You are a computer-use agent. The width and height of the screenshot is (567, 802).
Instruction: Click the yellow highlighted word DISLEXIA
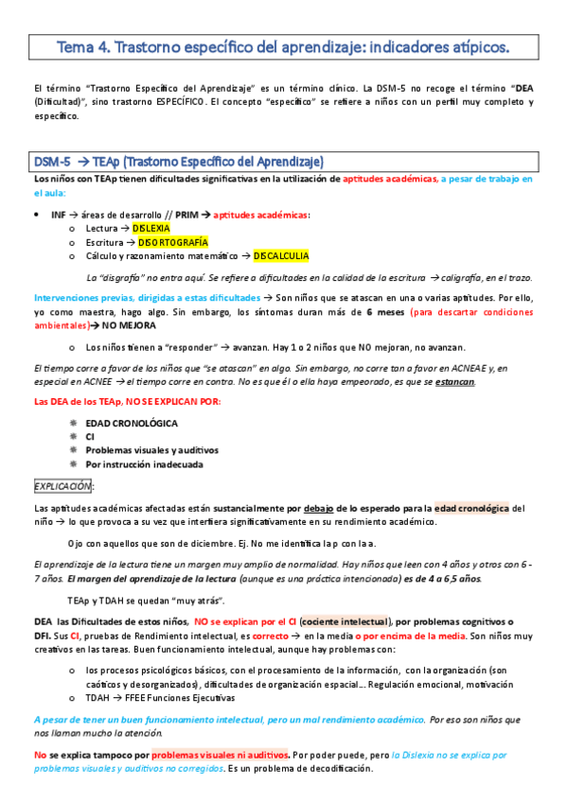pos(151,228)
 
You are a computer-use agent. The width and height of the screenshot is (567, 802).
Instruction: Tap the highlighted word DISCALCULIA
pos(280,255)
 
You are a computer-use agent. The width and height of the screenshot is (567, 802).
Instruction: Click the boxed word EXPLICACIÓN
pos(62,486)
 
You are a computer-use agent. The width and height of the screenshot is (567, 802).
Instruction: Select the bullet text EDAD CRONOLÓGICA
pos(132,423)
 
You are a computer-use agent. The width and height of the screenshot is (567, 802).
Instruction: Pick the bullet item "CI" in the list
pos(90,437)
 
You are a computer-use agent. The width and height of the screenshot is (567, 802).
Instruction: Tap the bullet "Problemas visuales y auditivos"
pos(152,450)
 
